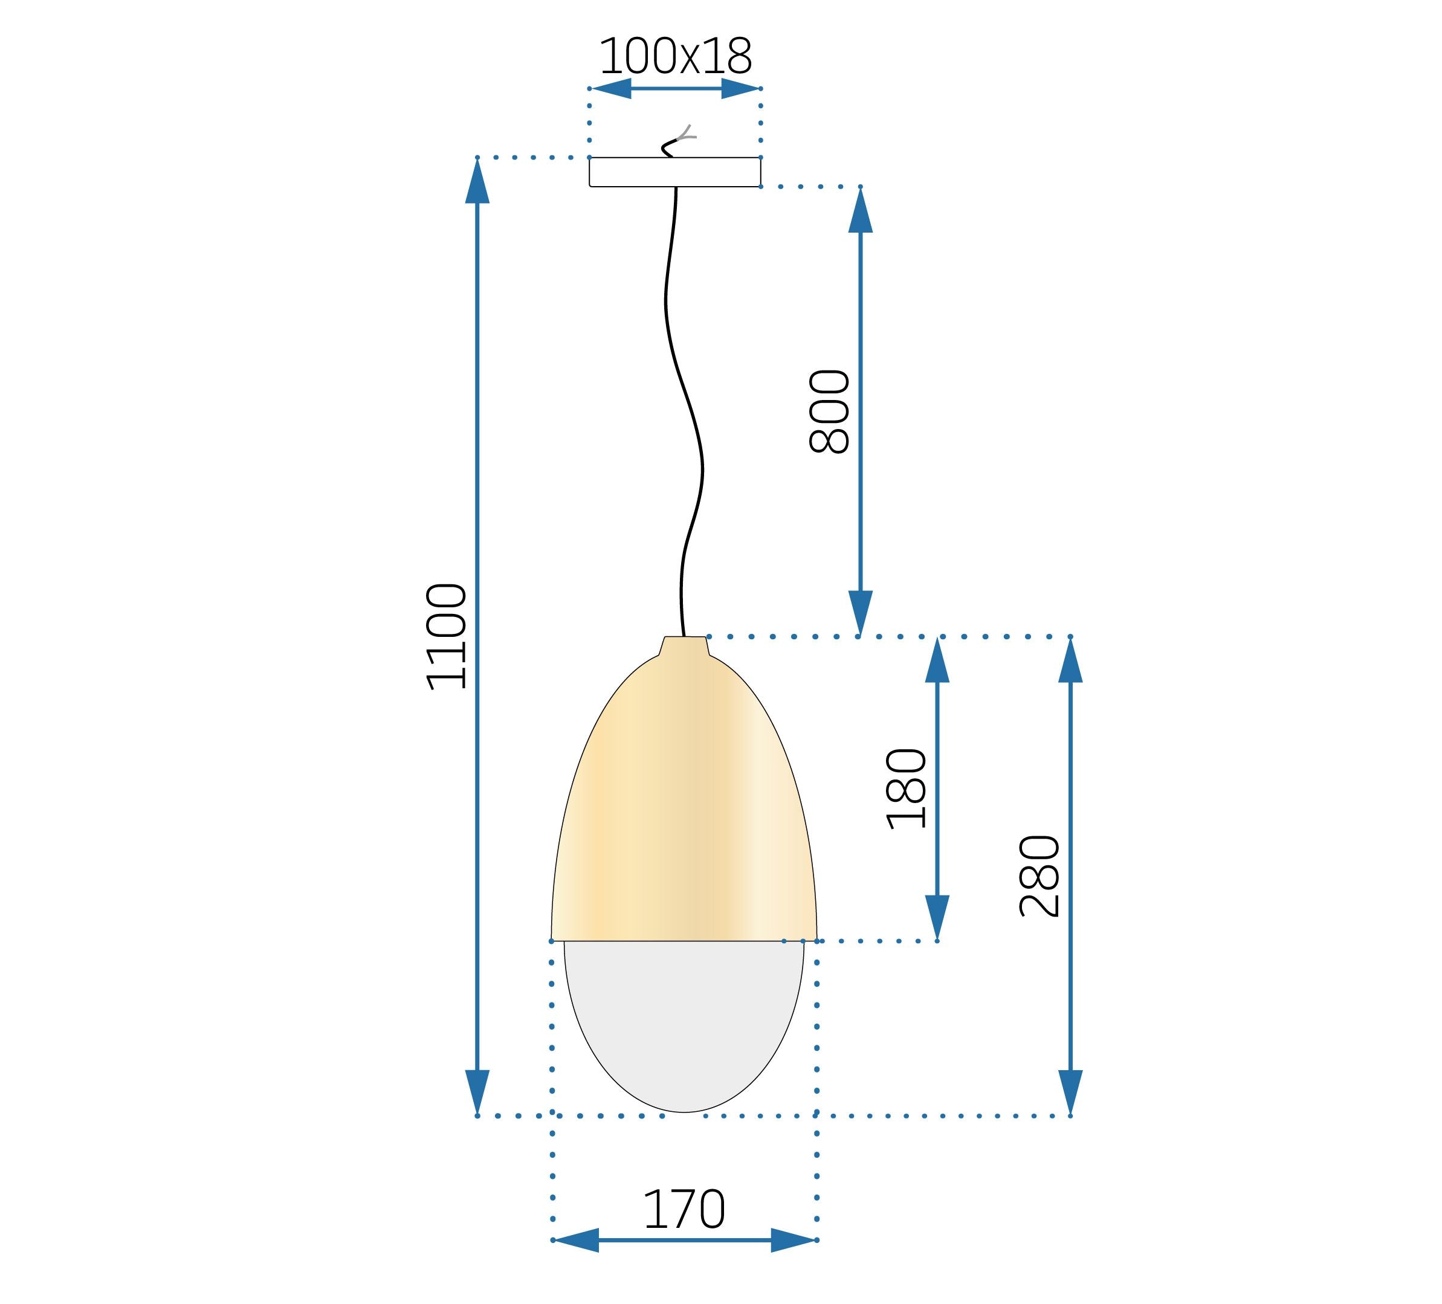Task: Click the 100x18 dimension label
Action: coord(675,57)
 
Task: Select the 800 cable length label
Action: coord(829,412)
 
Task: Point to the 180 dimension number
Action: coord(907,789)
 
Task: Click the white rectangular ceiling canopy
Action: coord(674,172)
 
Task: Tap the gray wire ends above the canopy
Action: coord(685,134)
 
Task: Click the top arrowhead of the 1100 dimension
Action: coord(477,182)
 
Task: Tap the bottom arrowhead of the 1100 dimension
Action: coord(477,1091)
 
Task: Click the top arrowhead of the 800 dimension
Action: coord(860,211)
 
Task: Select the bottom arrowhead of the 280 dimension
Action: coord(1070,1091)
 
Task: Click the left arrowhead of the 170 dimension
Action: coord(577,1241)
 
